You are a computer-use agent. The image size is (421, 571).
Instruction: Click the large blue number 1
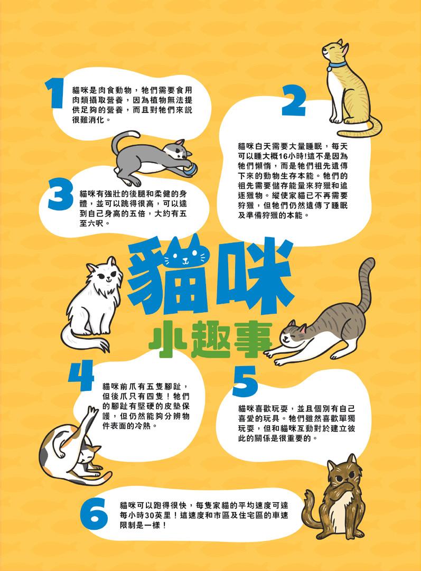pos(55,94)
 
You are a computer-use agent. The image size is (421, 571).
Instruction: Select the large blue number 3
pos(61,196)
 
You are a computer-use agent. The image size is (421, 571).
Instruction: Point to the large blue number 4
pos(81,375)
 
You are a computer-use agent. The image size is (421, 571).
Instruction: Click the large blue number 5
pos(245,381)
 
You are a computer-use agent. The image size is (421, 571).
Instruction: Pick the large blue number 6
pos(94,514)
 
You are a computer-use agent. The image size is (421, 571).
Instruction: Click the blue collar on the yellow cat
pos(337,65)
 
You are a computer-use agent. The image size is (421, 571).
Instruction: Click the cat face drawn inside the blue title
pos(186,255)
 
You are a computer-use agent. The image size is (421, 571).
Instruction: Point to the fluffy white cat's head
pos(104,273)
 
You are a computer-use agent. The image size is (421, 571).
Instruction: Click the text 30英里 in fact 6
pos(161,516)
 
